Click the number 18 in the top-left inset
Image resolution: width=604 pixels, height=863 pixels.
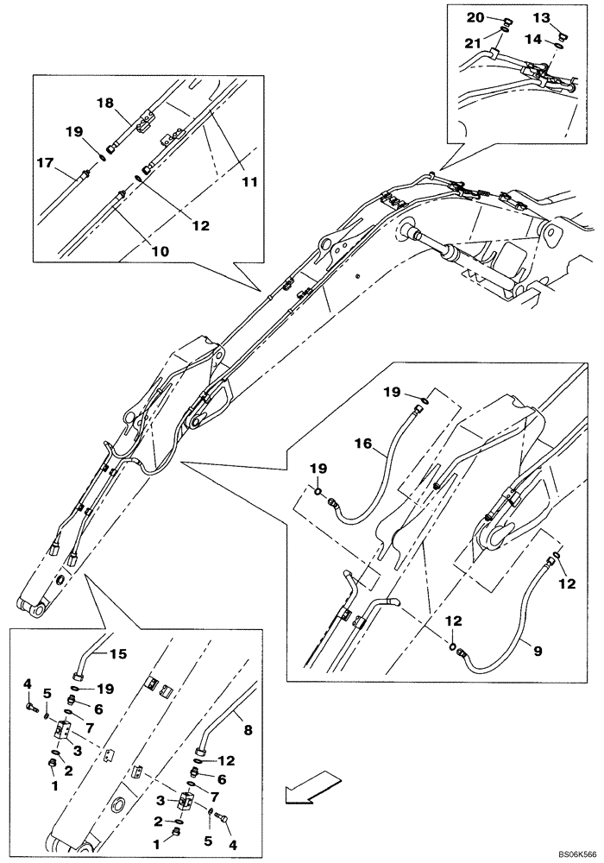point(104,103)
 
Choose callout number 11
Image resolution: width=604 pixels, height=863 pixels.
point(249,183)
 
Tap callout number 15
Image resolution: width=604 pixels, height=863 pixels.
point(116,653)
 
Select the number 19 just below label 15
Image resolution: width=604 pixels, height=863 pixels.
point(105,690)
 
